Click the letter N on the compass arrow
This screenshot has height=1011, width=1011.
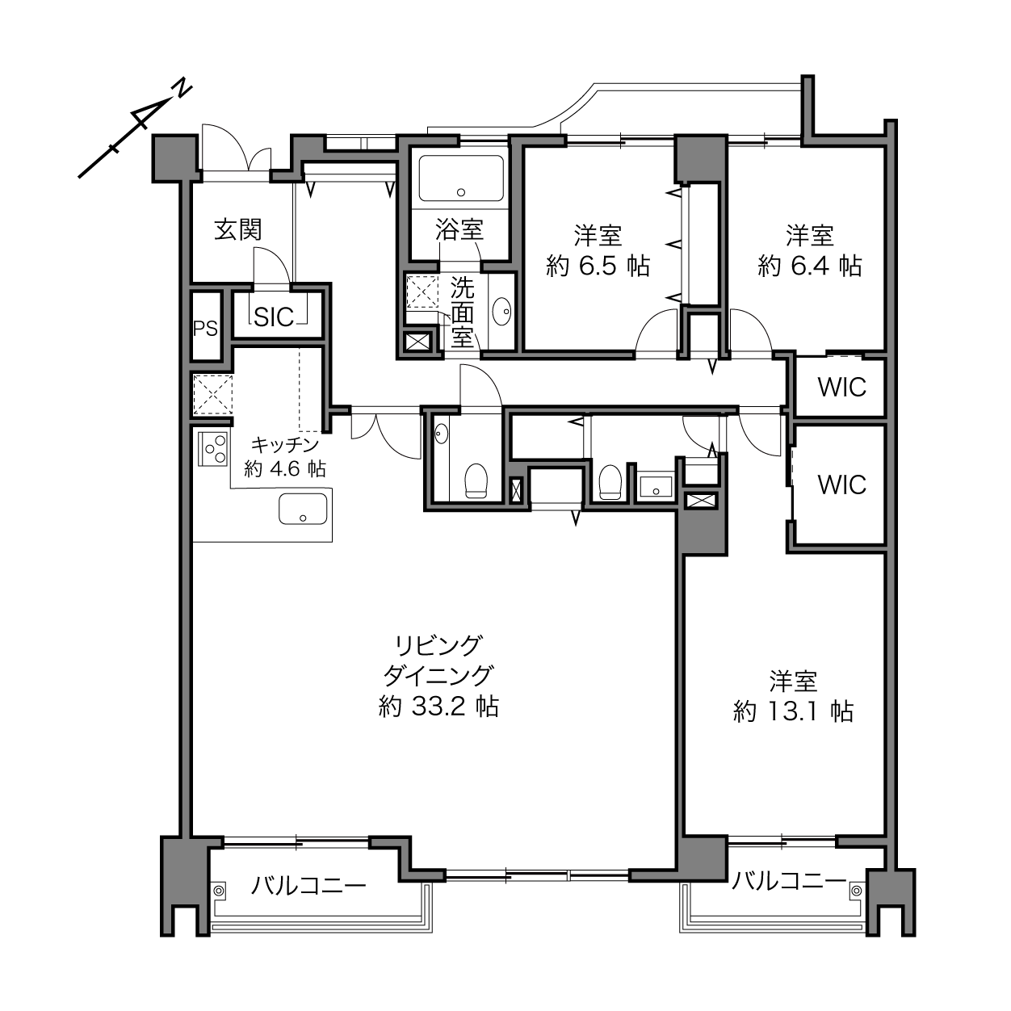pos(182,89)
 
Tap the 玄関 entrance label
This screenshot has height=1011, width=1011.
pos(237,230)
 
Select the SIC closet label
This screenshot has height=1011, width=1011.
pos(274,317)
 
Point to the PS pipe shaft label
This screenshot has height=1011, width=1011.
pos(205,329)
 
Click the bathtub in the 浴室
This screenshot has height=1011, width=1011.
pos(461,178)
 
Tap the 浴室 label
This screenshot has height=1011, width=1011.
pos(459,230)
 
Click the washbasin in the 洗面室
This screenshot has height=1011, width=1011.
pos(502,312)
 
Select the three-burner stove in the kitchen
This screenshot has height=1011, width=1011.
pos(213,448)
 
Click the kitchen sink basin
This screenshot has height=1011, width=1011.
pos(303,509)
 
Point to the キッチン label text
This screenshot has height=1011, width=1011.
pos(285,445)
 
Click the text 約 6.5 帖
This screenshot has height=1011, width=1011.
pos(598,266)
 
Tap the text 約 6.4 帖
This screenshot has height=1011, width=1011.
pos(810,266)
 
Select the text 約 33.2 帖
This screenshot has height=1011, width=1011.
pos(438,707)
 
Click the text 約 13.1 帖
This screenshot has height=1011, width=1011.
pos(793,712)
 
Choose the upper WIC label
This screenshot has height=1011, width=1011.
pos(841,388)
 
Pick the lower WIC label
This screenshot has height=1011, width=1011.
pos(841,485)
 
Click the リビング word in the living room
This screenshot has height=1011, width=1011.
pos(438,646)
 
